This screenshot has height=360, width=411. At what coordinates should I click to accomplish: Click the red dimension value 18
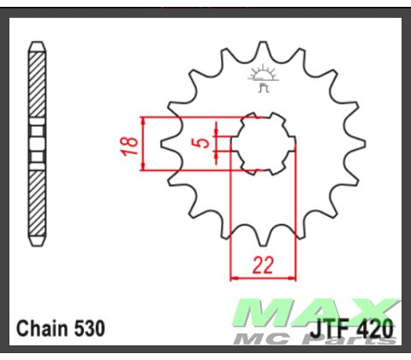tap(128, 143)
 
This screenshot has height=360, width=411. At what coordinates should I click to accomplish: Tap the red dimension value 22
tap(263, 265)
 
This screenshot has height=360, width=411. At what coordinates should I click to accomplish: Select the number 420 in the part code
tap(376, 328)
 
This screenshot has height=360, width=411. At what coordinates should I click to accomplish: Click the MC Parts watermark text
tap(342, 341)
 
